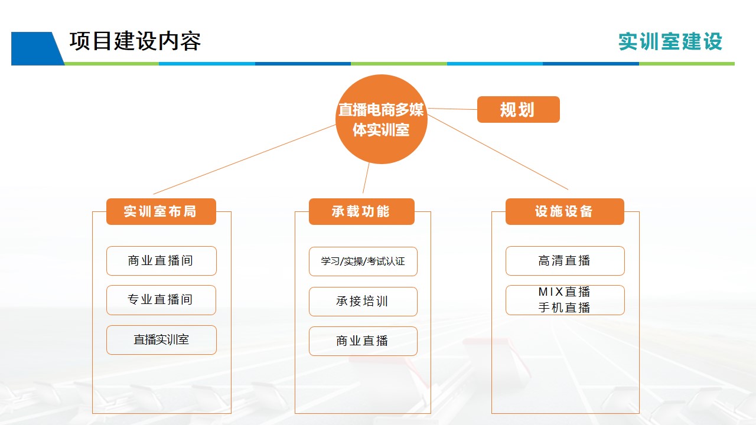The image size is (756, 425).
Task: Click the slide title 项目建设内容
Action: [x=135, y=41]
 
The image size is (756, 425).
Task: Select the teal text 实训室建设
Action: [x=670, y=42]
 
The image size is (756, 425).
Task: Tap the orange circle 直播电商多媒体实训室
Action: [x=382, y=119]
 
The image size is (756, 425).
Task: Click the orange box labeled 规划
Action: [x=519, y=110]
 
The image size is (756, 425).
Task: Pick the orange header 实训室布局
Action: [x=161, y=211]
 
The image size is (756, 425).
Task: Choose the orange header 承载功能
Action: [x=361, y=211]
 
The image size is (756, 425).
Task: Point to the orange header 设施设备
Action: [x=565, y=211]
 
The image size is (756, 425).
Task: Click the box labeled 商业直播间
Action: [x=161, y=261]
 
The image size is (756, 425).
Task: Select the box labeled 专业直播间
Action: [x=161, y=300]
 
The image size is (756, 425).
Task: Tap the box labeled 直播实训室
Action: [x=161, y=340]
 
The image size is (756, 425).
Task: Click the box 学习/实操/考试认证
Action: [x=363, y=261]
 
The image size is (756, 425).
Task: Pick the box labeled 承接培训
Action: [x=363, y=302]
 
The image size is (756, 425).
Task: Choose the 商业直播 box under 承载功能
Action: [x=363, y=341]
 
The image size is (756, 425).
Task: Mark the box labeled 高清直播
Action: [x=565, y=261]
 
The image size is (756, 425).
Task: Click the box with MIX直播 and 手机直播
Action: [x=565, y=300]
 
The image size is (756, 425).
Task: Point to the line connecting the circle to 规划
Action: [x=452, y=109]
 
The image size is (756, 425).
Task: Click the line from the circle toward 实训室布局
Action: [x=245, y=159]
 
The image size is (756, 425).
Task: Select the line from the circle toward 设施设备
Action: [x=498, y=152]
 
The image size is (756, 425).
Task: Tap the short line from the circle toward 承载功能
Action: [x=366, y=178]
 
